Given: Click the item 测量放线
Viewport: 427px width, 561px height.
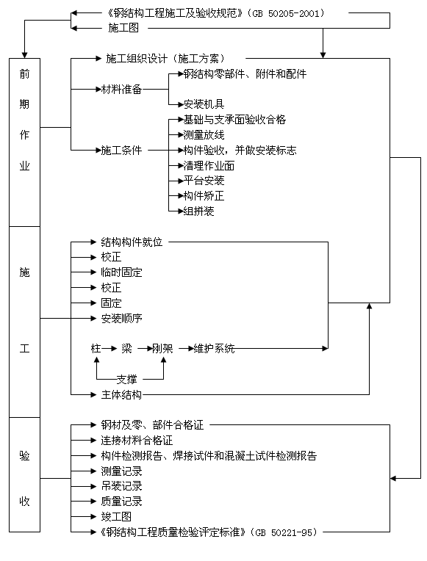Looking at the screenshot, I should click(x=204, y=134).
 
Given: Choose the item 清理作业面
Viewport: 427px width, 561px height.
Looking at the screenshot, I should click(x=209, y=165).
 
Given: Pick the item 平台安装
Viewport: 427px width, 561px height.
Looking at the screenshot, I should click(x=204, y=181).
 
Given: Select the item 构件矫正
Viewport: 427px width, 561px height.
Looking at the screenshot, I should click(x=204, y=196).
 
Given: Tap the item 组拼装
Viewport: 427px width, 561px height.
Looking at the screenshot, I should click(x=198, y=211).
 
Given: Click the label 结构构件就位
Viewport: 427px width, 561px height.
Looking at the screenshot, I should click(x=132, y=242).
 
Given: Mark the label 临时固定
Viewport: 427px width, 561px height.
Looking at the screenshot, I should click(x=121, y=272).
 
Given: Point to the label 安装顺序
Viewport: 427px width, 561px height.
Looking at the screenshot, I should click(x=121, y=318).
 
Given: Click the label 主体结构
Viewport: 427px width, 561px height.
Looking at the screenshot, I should click(x=121, y=395).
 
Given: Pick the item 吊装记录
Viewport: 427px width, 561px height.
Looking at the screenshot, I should click(x=121, y=486).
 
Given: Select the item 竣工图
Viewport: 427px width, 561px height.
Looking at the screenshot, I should click(x=116, y=517).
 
